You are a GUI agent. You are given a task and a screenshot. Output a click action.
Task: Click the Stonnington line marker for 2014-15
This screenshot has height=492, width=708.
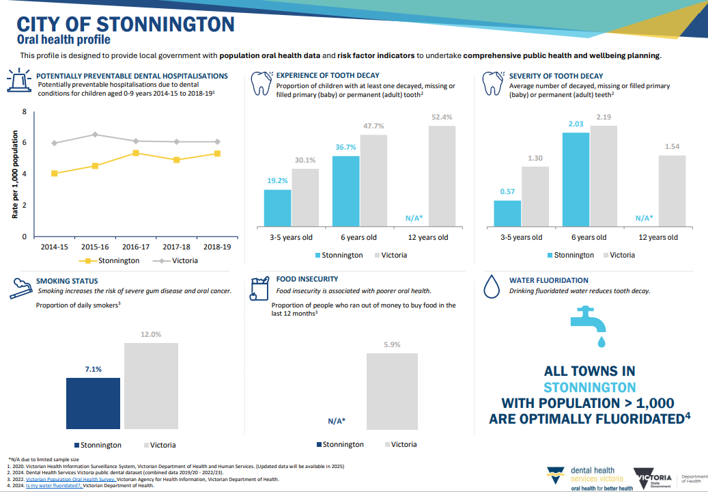[x=54, y=174]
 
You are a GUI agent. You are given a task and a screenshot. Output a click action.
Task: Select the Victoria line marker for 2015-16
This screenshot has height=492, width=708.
[x=95, y=135]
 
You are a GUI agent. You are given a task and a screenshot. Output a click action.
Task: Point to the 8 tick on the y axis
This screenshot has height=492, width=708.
[x=25, y=111]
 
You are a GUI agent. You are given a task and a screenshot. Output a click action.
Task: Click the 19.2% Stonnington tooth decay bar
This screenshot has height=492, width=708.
[x=277, y=208]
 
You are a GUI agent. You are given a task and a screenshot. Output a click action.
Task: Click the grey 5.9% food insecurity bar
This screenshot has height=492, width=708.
[x=393, y=391]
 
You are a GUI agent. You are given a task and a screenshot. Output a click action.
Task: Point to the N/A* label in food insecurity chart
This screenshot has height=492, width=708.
[x=337, y=421]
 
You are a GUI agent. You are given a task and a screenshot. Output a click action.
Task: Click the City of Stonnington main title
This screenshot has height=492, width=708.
[x=126, y=25]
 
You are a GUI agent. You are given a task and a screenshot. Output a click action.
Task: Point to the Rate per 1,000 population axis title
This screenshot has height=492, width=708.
[x=14, y=174]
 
